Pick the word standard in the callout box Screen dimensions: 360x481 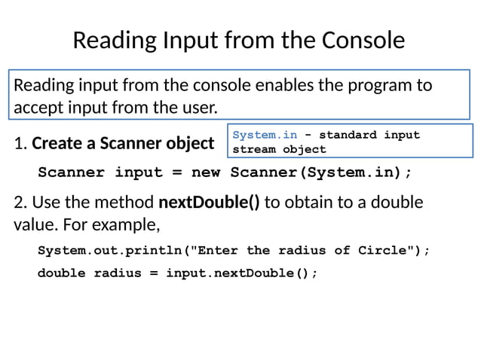(x=351, y=136)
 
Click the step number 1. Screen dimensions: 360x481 (x=18, y=142)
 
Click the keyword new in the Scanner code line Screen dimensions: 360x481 (x=205, y=172)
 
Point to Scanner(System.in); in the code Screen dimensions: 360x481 (x=321, y=172)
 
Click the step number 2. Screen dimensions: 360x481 (x=19, y=203)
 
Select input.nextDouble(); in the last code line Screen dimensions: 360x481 (x=241, y=273)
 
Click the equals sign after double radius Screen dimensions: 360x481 (x=153, y=273)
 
